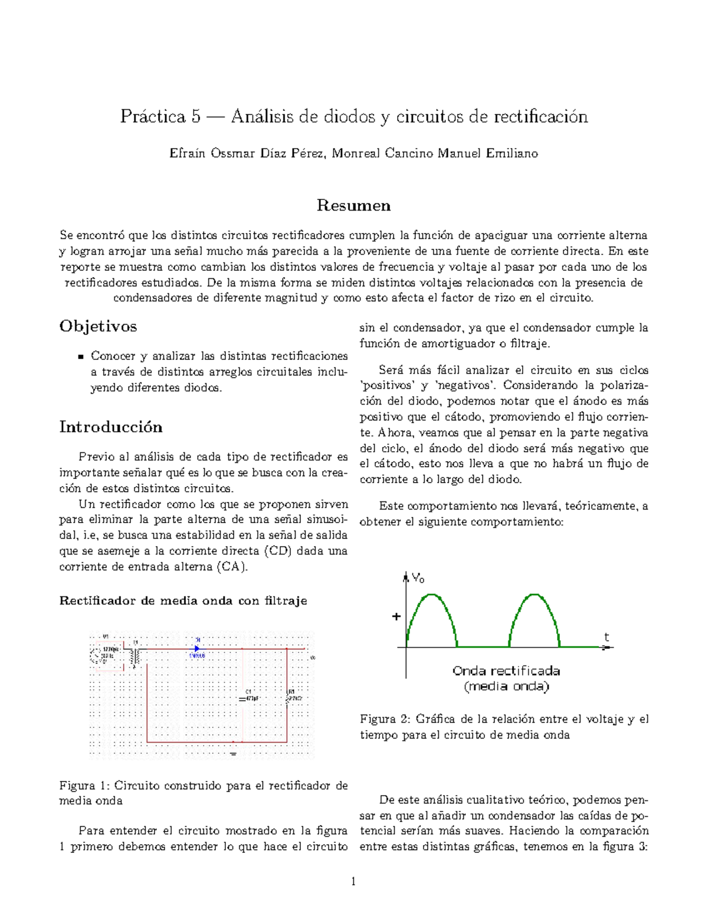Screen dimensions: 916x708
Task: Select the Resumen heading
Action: click(353, 205)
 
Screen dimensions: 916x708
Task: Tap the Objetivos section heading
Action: click(98, 326)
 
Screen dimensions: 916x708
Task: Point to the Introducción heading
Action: click(111, 427)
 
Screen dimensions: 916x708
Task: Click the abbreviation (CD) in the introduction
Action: click(278, 551)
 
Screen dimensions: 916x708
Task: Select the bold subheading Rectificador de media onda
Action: click(183, 601)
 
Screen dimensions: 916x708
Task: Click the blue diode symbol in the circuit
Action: click(197, 648)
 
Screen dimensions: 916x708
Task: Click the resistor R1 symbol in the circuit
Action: click(288, 698)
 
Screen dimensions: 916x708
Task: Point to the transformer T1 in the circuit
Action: click(136, 654)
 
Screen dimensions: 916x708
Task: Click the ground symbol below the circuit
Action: click(233, 753)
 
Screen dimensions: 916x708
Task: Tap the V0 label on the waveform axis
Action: click(418, 578)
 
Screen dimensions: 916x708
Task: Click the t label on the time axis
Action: click(606, 637)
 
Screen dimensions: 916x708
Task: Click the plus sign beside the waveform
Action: click(396, 616)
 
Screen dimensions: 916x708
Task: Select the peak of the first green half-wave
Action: click(432, 595)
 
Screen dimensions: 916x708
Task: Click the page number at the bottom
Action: click(353, 882)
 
